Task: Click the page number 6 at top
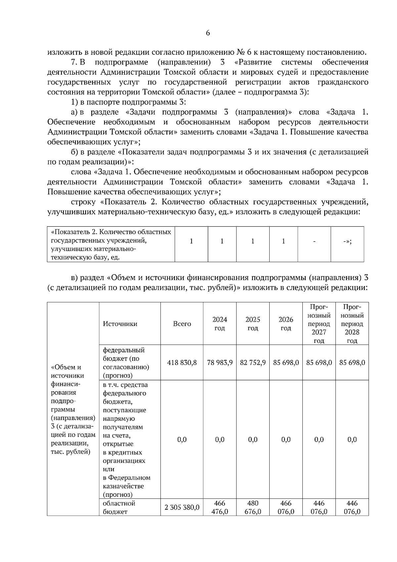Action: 208,33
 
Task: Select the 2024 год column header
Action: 220,323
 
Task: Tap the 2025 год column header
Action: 253,323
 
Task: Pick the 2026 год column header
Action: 286,323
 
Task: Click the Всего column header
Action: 182,324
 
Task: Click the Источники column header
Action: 120,324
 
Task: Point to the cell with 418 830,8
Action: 182,362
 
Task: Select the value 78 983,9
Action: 220,362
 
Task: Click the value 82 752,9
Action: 253,362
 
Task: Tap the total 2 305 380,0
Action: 182,507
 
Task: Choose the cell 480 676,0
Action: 253,507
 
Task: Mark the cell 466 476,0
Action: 220,507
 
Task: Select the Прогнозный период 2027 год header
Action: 319,323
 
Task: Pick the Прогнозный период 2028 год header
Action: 352,323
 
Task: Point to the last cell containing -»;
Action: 347,241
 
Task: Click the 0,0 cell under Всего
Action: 182,440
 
